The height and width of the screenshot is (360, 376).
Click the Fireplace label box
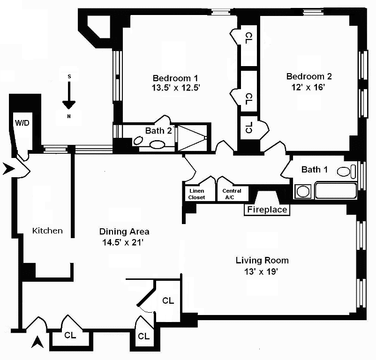[x=267, y=210]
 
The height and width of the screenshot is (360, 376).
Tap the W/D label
[x=22, y=123]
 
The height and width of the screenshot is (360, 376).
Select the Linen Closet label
[x=196, y=194]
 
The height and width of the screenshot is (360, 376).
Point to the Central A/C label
[x=232, y=194]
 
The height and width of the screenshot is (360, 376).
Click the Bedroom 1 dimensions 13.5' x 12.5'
[x=176, y=88]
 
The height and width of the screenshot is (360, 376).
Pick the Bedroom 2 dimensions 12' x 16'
[x=308, y=87]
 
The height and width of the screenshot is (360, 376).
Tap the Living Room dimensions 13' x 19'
[x=261, y=271]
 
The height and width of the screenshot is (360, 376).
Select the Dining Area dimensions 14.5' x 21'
[x=123, y=242]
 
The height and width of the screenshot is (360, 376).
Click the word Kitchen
[x=47, y=231]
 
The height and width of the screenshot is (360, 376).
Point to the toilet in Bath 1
[x=346, y=172]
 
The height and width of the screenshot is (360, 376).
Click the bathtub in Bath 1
[x=336, y=191]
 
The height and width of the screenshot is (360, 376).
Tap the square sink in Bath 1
[x=302, y=192]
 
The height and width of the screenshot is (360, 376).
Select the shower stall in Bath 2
[x=192, y=138]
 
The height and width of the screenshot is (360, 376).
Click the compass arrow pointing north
[x=69, y=96]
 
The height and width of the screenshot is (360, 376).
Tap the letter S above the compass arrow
[x=69, y=76]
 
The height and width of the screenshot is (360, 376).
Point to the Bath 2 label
[x=158, y=131]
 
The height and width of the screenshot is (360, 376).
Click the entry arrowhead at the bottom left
[x=38, y=342]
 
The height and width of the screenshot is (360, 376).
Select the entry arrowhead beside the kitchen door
[x=8, y=168]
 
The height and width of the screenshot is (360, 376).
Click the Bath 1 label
[x=315, y=170]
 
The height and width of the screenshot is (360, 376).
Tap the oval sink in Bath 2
[x=158, y=144]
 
